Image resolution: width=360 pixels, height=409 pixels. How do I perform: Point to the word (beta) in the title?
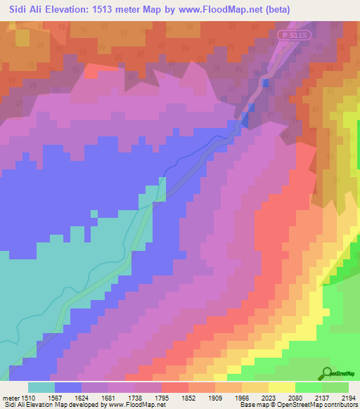[276, 9]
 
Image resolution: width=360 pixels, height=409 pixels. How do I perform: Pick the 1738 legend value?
[148, 397]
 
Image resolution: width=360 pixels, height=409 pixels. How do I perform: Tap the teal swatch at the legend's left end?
[41, 387]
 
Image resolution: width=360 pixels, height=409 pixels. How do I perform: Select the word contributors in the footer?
[340, 405]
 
